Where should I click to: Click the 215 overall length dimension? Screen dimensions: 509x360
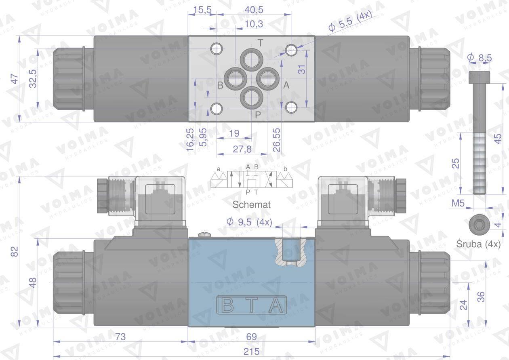(x=251, y=352)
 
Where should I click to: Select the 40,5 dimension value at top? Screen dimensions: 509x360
(x=254, y=10)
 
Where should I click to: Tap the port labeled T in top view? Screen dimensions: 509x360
(x=252, y=60)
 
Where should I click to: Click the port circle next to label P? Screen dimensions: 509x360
(x=252, y=98)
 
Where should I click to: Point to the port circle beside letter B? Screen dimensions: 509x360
(x=236, y=79)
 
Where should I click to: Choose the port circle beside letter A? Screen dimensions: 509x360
(x=268, y=79)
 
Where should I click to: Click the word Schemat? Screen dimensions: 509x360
(x=252, y=204)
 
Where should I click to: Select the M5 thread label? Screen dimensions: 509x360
(x=458, y=203)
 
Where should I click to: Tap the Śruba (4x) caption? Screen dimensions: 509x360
(x=478, y=244)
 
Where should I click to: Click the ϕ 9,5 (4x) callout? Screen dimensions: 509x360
(x=249, y=222)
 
